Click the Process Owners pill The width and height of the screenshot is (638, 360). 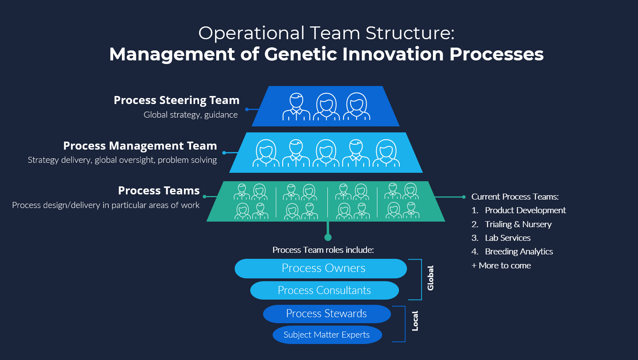point(321,268)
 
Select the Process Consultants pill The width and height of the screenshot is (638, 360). point(324,290)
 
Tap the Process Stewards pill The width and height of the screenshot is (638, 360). point(327,314)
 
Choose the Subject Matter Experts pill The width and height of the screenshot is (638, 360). point(327,335)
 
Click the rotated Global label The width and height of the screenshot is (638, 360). point(431,278)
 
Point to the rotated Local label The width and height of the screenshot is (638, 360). point(415,321)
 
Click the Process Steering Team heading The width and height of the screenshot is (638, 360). point(176,100)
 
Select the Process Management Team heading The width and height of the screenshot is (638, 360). point(140,146)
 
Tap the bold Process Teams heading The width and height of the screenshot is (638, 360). point(159,191)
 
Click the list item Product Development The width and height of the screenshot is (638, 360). point(525,210)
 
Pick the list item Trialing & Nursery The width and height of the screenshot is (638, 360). point(518,224)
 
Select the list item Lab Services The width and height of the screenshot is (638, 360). point(507,238)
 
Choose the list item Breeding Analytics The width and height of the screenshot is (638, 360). point(518,252)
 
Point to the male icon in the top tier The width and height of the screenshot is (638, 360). point(296,107)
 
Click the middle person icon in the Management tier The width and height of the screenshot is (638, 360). point(326,153)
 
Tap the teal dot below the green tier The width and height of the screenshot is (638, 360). point(328,238)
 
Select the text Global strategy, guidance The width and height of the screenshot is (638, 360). point(190,115)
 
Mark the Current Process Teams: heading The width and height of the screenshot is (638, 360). point(514,197)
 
